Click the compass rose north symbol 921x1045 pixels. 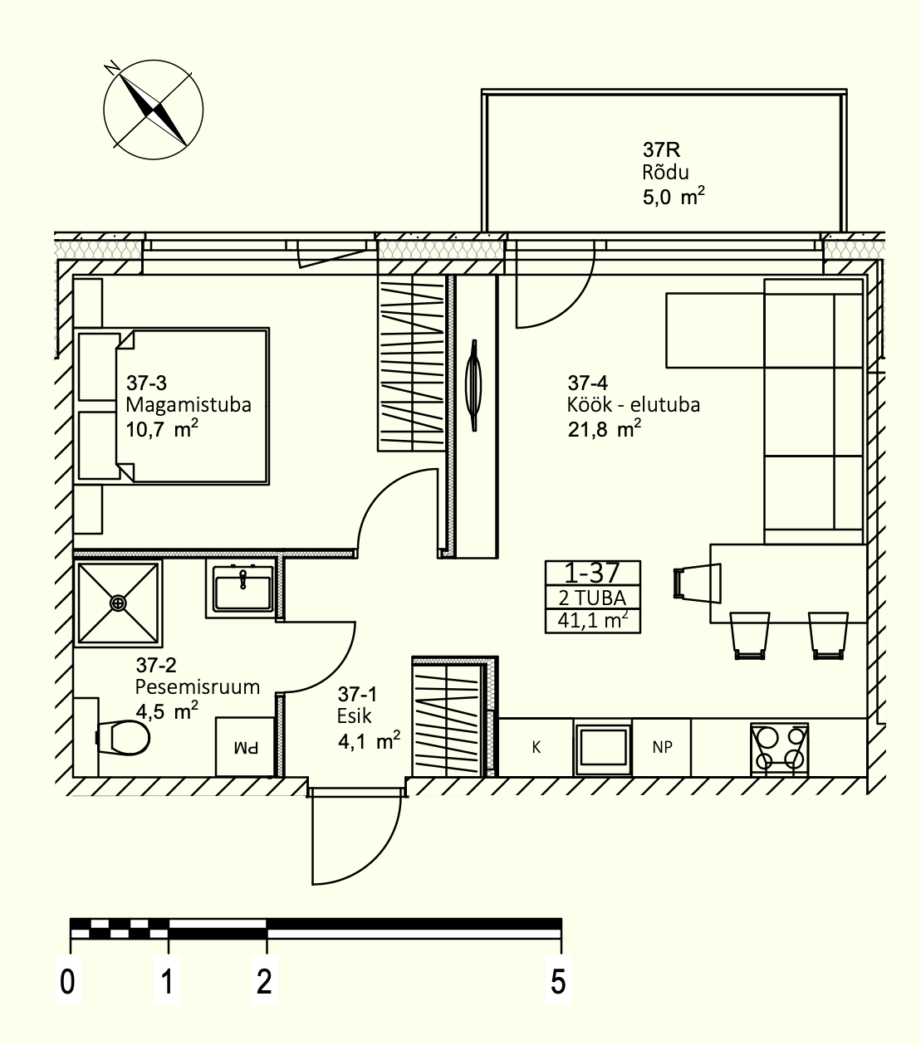click(154, 110)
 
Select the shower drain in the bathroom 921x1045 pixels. click(118, 603)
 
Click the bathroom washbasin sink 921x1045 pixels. click(242, 588)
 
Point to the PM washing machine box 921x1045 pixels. click(245, 747)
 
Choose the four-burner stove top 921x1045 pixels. click(780, 750)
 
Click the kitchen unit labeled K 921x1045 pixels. click(536, 747)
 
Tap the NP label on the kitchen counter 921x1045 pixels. click(663, 747)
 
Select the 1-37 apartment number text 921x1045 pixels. click(591, 573)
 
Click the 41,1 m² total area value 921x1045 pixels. click(593, 620)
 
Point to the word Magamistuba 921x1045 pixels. click(189, 405)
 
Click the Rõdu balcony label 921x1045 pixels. click(665, 173)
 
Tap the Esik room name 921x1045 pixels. click(354, 716)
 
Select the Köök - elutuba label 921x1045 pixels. click(634, 405)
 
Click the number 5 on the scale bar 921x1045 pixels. click(559, 981)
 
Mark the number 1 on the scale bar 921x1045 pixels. click(168, 981)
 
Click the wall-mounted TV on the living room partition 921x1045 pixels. click(473, 385)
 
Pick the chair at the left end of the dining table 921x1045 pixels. click(697, 583)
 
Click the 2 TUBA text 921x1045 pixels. click(592, 598)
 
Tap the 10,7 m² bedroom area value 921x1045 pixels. click(162, 428)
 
